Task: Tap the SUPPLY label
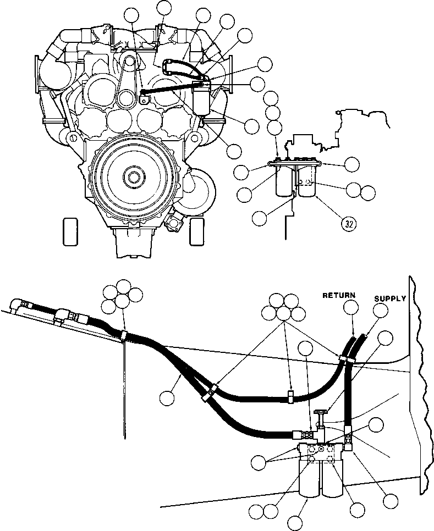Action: tap(390, 299)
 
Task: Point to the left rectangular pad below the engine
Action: tap(70, 231)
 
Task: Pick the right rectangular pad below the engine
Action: tap(197, 231)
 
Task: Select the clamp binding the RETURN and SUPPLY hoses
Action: tap(347, 360)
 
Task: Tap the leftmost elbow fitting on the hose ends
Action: tap(26, 303)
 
